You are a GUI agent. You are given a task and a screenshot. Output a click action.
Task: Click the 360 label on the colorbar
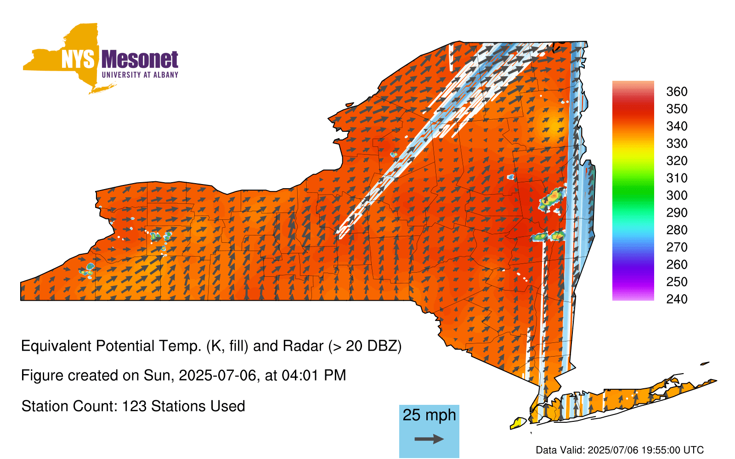677,91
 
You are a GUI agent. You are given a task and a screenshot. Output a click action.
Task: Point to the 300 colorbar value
677,196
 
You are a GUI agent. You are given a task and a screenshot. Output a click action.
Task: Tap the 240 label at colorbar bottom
677,299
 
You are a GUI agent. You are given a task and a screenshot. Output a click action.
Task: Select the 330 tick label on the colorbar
677,143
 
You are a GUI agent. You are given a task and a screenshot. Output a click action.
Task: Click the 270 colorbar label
677,247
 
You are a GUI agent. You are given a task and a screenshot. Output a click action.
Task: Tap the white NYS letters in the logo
78,59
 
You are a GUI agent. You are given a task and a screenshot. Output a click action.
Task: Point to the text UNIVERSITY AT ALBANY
140,75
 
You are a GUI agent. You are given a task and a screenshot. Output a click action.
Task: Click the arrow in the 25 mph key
429,439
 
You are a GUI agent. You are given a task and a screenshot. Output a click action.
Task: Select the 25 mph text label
429,415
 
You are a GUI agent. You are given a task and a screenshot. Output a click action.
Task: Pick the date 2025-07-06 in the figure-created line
217,375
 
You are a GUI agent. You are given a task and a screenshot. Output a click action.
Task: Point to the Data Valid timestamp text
620,450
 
